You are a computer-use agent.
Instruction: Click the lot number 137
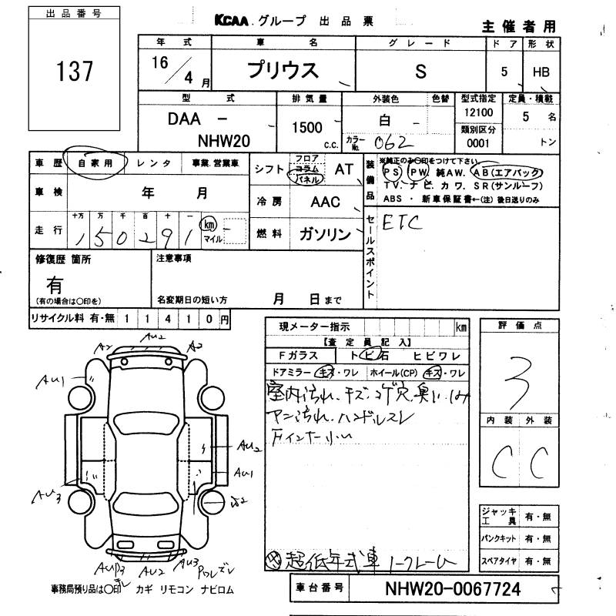[75, 72]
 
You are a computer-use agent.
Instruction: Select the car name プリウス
[282, 71]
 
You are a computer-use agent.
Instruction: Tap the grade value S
[420, 72]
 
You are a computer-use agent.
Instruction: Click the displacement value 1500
[307, 128]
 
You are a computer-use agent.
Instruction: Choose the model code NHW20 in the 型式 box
[224, 141]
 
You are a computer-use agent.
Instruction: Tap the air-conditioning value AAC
[325, 202]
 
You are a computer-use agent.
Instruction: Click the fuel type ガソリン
[323, 233]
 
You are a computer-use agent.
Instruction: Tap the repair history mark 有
[55, 283]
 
